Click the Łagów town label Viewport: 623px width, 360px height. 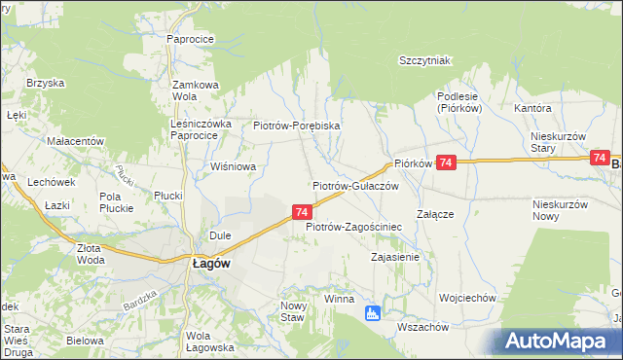[210, 263]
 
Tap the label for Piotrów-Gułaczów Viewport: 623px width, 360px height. [356, 185]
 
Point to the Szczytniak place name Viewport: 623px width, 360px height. [424, 60]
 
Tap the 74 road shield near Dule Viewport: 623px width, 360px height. [302, 211]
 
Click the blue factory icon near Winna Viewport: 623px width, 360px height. [371, 313]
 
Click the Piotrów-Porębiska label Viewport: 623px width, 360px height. [296, 126]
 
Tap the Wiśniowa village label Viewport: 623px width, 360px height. [234, 166]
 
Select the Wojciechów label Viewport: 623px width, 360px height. [468, 298]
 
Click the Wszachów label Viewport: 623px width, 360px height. [423, 327]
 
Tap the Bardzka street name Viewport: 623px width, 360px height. [140, 301]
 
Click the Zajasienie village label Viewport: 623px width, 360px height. [395, 258]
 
